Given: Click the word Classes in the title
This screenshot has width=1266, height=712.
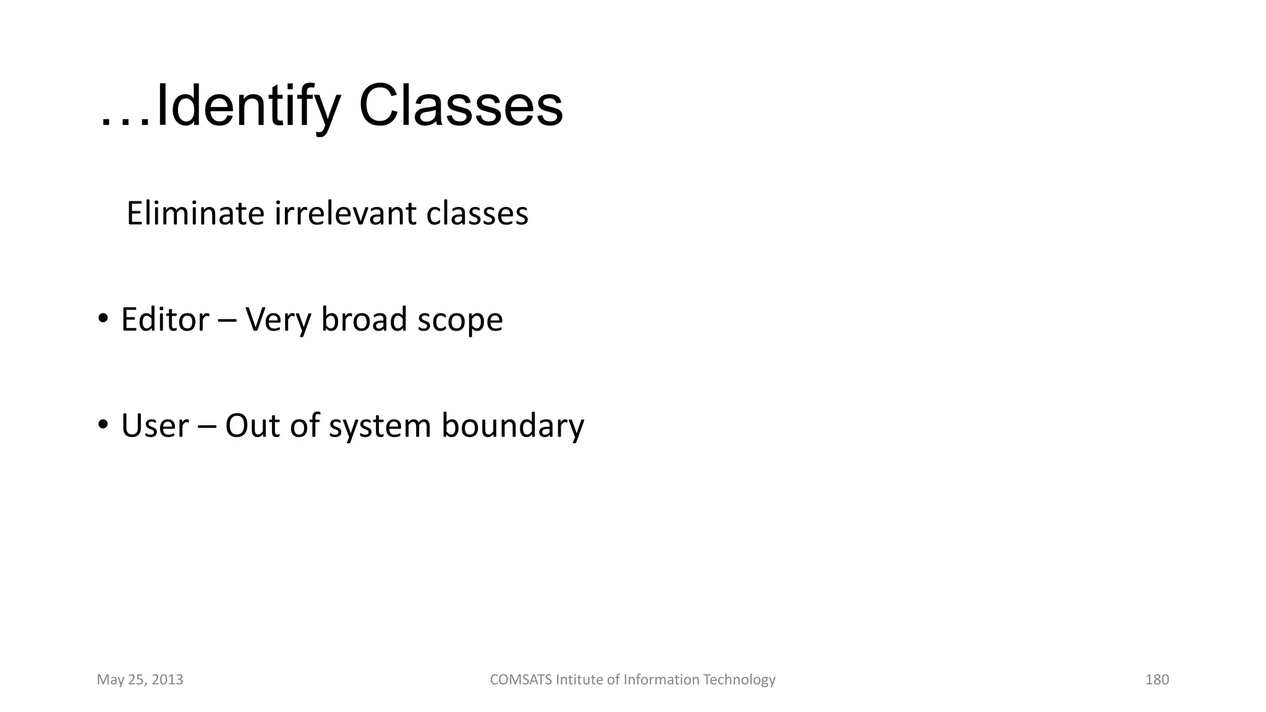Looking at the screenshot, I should click(x=461, y=106).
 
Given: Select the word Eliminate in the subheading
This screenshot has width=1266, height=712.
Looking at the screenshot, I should click(x=195, y=213).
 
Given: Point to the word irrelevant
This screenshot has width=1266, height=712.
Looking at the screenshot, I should click(x=346, y=213).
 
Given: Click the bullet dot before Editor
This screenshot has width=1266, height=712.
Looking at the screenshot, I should click(x=103, y=319).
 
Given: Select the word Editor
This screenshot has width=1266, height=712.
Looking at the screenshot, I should click(x=165, y=320).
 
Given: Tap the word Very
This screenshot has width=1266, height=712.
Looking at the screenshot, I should click(x=278, y=320).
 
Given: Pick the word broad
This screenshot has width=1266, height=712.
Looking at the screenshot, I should click(x=364, y=320).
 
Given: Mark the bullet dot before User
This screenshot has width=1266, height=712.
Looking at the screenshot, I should click(x=103, y=425).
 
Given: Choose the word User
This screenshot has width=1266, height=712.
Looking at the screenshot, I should click(x=155, y=426).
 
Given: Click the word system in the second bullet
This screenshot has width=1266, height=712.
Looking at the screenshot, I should click(x=380, y=427).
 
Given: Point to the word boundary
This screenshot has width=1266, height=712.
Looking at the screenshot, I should click(x=512, y=426).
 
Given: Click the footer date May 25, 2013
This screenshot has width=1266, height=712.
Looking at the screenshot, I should click(x=140, y=680).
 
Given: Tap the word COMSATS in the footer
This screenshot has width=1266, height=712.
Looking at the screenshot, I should click(x=520, y=680).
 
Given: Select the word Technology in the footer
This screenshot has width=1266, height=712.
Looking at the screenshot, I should click(x=739, y=680).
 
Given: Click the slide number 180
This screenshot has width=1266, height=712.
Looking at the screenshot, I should click(x=1157, y=680).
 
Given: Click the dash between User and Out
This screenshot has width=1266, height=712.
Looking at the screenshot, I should click(x=207, y=427).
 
